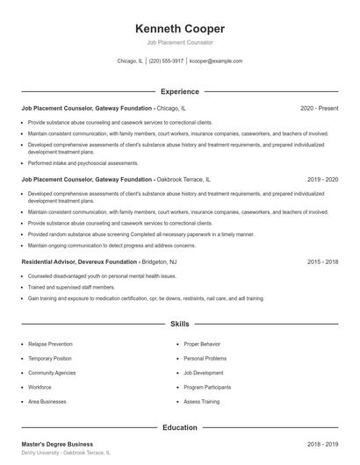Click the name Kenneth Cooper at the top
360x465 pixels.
(180, 28)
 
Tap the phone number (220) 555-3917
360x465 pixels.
(166, 61)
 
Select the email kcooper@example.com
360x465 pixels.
(217, 61)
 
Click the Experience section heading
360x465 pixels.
(180, 91)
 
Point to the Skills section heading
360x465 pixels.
(180, 324)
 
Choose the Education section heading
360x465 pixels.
(180, 427)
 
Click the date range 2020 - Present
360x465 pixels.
(319, 108)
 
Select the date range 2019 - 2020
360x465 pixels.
(322, 179)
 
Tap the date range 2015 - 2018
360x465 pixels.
(322, 261)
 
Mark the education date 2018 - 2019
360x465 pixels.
(322, 444)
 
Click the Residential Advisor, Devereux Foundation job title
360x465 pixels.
(79, 261)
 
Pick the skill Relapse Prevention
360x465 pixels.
(50, 344)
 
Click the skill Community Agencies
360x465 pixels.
(51, 372)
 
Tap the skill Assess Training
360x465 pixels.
(202, 401)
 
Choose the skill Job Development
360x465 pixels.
(204, 372)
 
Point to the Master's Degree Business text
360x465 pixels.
(57, 444)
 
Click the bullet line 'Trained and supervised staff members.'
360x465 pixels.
(71, 287)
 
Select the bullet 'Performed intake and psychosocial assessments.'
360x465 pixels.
(83, 162)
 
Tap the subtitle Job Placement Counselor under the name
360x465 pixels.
(180, 42)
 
